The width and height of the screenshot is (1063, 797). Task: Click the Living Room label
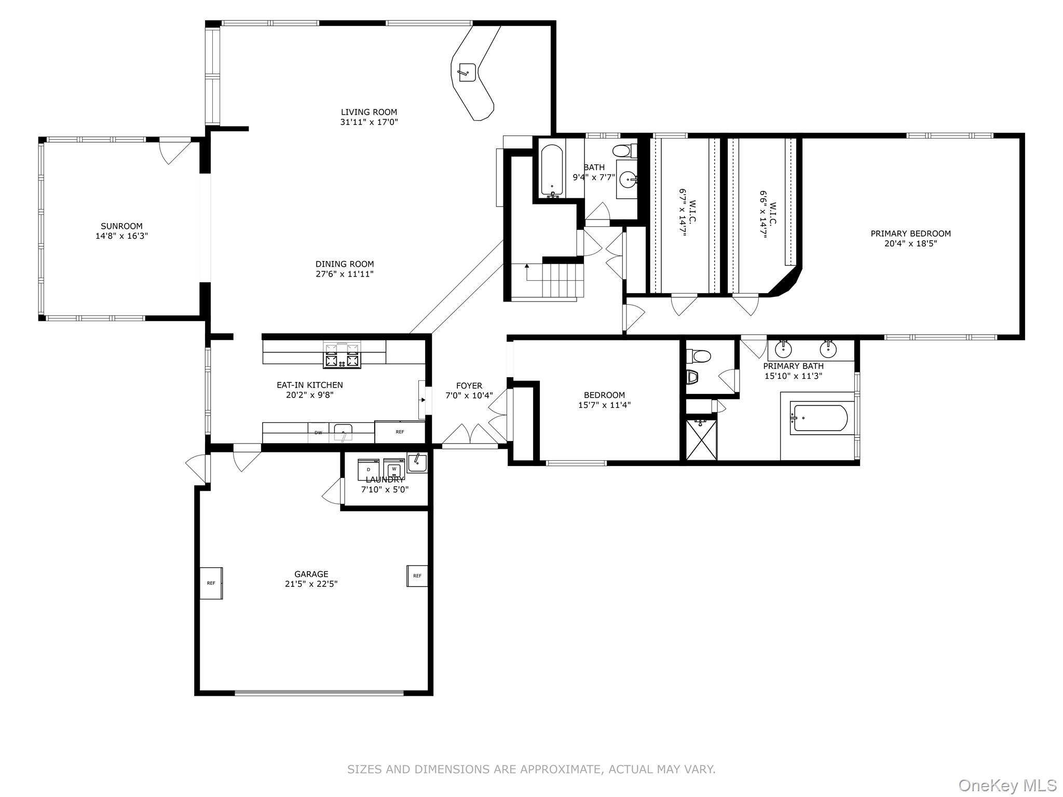(369, 112)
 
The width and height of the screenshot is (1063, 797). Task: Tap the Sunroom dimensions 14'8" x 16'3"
(121, 236)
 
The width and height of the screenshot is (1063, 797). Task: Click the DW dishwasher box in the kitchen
(318, 433)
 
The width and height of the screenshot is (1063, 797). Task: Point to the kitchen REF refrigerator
(400, 432)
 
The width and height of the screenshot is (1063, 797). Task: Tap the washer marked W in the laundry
(394, 469)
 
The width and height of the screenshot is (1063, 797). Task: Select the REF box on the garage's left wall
(211, 583)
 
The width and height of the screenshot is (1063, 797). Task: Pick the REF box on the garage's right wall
(417, 576)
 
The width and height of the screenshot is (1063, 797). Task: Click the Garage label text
(311, 574)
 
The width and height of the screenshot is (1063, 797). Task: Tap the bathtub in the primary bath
(819, 418)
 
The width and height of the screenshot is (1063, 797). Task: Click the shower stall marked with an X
(701, 439)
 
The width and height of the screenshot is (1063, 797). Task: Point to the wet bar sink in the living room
(467, 72)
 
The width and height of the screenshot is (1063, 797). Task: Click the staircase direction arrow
(527, 267)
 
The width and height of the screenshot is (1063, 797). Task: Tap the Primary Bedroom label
(910, 233)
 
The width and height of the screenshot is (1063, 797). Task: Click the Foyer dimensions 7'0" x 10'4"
(469, 396)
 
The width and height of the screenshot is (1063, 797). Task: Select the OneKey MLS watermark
(1007, 785)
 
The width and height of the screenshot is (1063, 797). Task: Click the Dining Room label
(344, 264)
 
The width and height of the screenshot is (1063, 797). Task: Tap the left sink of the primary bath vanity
(783, 348)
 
